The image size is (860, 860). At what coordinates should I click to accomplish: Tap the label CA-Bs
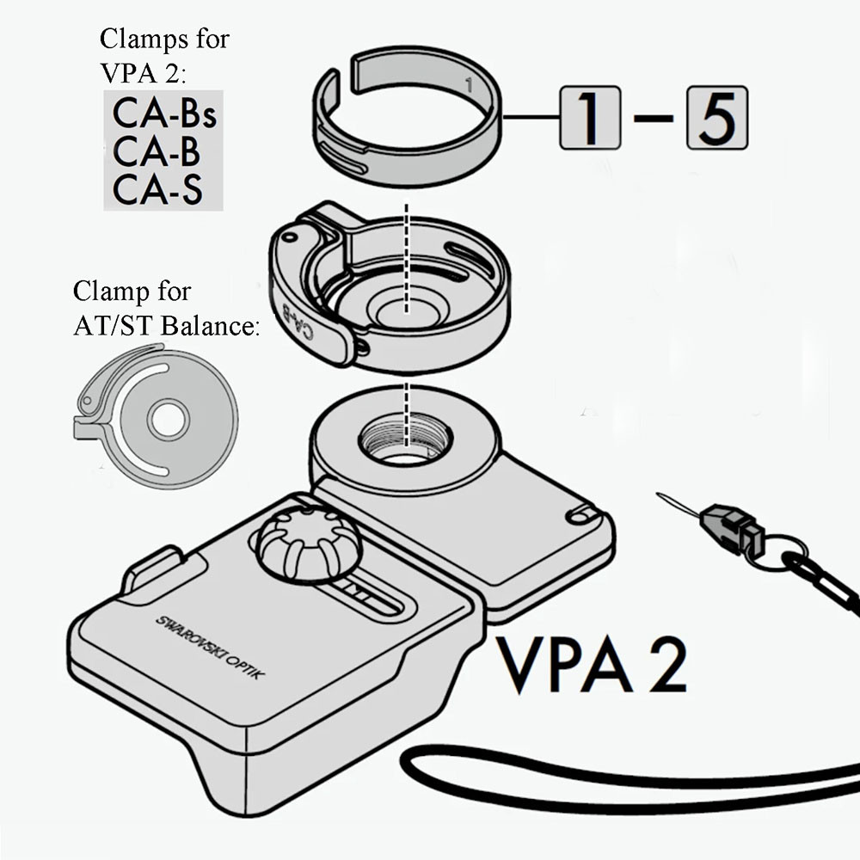(163, 114)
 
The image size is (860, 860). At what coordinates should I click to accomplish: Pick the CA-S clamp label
(157, 188)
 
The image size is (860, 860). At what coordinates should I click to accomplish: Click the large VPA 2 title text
(594, 665)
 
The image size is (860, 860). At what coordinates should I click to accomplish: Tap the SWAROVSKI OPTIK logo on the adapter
(210, 646)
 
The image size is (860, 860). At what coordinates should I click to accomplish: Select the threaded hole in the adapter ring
(405, 439)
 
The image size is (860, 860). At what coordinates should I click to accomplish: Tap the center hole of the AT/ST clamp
(168, 421)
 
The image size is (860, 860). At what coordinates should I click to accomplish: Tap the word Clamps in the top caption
(143, 40)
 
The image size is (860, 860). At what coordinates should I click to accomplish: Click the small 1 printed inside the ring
(467, 86)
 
